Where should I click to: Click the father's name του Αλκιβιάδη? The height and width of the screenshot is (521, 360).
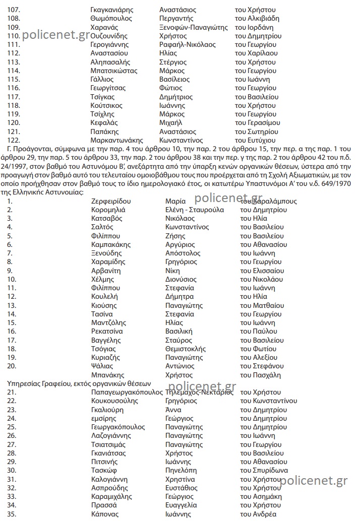pyautogui.click(x=257, y=19)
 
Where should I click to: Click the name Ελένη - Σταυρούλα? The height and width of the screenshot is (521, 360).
pyautogui.click(x=195, y=210)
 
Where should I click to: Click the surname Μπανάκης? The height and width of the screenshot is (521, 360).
pyautogui.click(x=108, y=375)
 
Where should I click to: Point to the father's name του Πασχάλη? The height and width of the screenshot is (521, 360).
pyautogui.click(x=260, y=375)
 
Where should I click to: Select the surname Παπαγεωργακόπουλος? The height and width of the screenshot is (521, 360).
pyautogui.click(x=127, y=393)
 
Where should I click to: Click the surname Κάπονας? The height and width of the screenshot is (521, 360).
pyautogui.click(x=105, y=514)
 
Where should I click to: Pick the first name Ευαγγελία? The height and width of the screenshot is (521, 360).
pyautogui.click(x=182, y=505)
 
